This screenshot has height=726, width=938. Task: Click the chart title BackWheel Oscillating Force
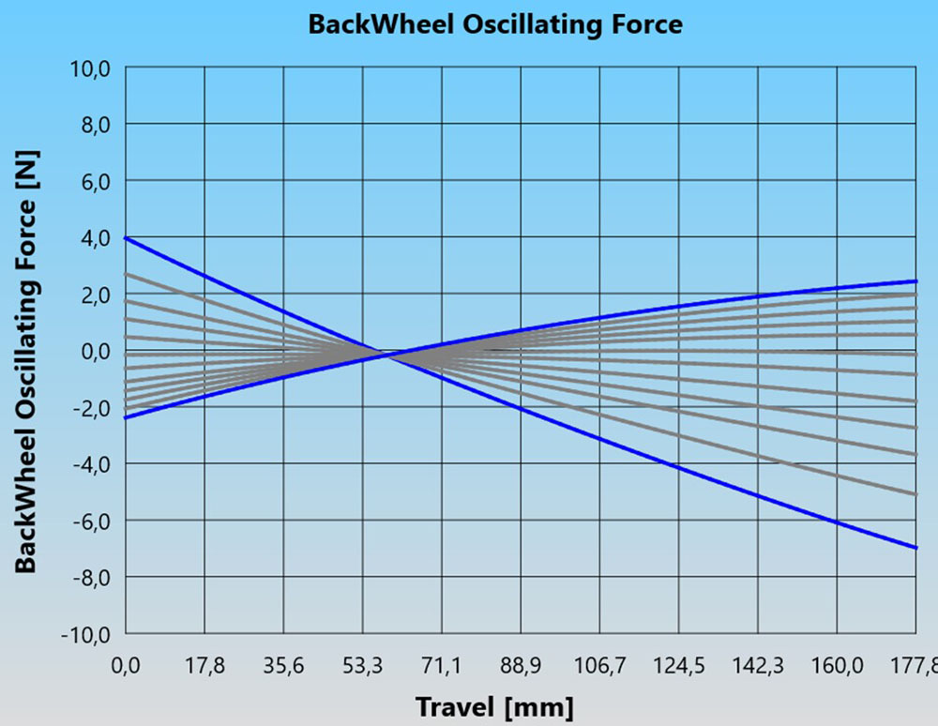tap(495, 24)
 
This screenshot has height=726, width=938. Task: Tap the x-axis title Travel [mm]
tap(494, 705)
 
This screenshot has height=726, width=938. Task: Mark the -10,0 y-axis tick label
tap(87, 634)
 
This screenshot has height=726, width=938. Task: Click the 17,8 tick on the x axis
tap(204, 666)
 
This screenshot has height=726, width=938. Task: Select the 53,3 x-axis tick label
tap(362, 666)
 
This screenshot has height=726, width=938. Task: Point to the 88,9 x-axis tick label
tap(521, 666)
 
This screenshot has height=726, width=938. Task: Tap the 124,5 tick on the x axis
tap(679, 666)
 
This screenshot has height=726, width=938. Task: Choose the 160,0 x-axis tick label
tap(837, 666)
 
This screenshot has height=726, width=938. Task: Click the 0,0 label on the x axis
tap(126, 666)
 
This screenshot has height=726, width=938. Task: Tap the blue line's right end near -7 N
tap(915, 547)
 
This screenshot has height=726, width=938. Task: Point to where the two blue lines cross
tap(386, 354)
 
